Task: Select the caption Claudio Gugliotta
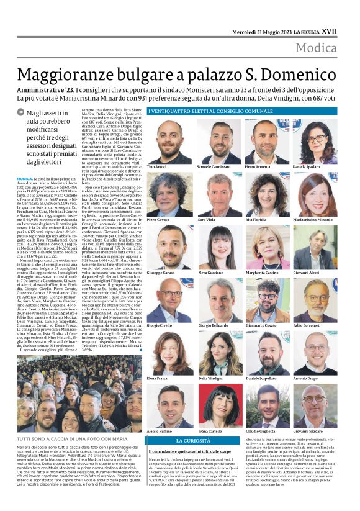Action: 261,430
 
